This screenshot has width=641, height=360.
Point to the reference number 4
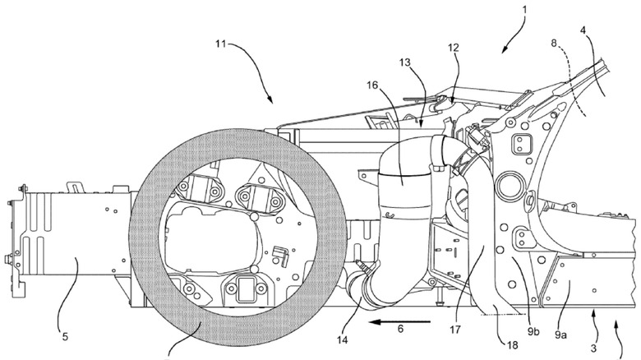coord(605,32)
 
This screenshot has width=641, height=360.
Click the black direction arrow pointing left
coord(399,321)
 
